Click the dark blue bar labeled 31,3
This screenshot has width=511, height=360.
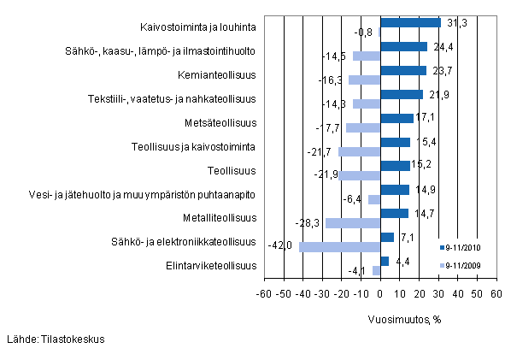tap(410, 23)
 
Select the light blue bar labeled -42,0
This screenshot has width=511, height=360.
tap(339, 247)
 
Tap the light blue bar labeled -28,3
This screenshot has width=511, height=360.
tap(353, 223)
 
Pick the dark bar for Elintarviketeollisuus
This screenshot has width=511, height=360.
tap(385, 261)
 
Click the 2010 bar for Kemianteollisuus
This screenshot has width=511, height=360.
tap(402, 71)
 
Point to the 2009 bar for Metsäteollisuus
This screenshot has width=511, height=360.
tap(363, 128)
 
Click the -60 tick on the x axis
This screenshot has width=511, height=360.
tap(265, 294)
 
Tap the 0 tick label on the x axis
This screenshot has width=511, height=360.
tap(380, 294)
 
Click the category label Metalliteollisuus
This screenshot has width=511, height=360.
tap(225, 218)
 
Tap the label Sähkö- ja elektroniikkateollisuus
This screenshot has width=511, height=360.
tap(197, 242)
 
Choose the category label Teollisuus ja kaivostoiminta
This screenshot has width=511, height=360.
tap(195, 146)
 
